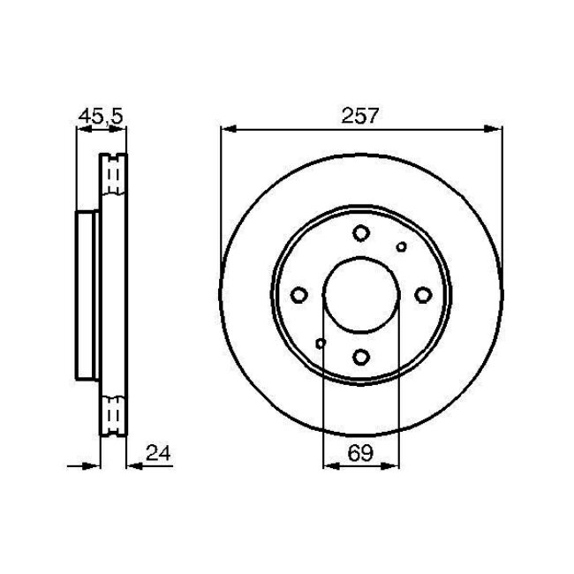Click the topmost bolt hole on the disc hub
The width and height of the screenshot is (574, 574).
[361, 233]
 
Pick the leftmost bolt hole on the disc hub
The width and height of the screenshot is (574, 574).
[298, 295]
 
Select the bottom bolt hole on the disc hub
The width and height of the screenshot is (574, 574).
[361, 357]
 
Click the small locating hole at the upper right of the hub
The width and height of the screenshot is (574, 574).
[402, 247]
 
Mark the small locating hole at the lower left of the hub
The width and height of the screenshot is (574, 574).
[321, 343]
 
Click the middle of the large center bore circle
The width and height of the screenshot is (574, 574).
[361, 295]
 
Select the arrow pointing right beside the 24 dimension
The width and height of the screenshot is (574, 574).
[92, 464]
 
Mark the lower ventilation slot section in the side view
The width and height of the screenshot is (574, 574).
[114, 413]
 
